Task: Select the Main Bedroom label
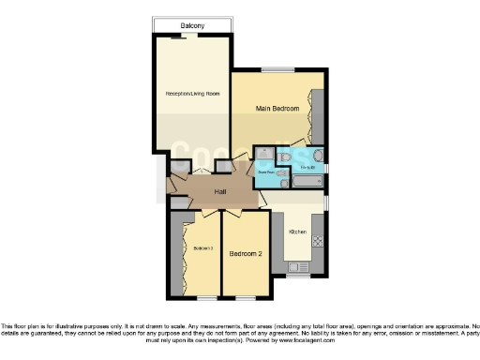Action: [x=277, y=110]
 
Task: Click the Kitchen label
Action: [x=298, y=230]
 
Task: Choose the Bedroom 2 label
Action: [x=245, y=253]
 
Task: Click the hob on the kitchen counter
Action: [x=317, y=241]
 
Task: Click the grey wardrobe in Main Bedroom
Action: [x=318, y=116]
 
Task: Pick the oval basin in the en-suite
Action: [x=318, y=156]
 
